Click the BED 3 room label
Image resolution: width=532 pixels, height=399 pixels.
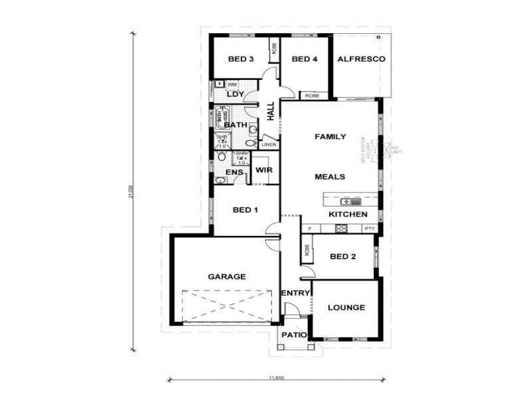(241, 59)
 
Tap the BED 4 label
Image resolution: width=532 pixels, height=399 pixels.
(305, 59)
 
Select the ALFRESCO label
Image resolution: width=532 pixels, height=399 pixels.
(362, 59)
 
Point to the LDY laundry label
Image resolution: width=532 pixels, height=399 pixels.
(235, 94)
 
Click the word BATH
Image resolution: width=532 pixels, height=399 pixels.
(235, 125)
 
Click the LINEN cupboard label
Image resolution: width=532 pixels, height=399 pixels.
(269, 144)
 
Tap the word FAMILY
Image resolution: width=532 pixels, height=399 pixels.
(330, 137)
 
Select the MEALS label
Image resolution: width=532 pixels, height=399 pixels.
(330, 177)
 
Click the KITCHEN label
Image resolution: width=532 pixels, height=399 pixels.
(348, 215)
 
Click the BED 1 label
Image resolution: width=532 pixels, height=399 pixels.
(245, 210)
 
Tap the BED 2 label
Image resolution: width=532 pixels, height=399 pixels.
(342, 257)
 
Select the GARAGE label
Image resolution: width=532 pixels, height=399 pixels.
(227, 277)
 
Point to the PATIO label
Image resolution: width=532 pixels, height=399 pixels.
(293, 336)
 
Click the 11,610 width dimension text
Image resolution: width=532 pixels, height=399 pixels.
(277, 378)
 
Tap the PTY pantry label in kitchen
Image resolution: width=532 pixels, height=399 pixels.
(369, 229)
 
